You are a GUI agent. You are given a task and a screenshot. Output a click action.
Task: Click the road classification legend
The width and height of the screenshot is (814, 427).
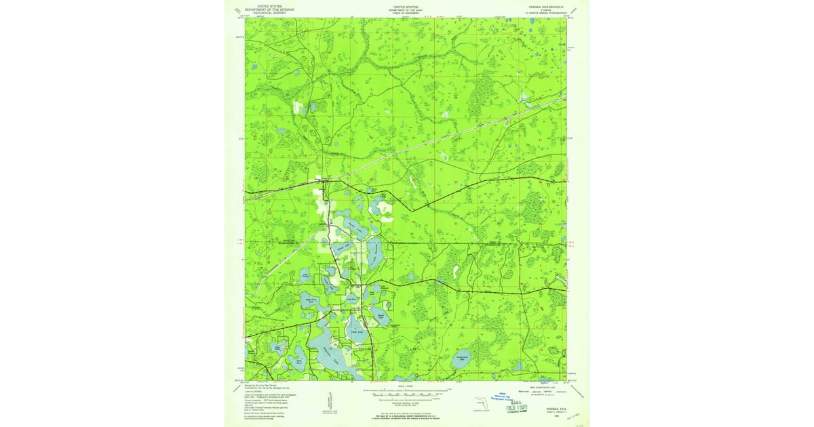(536, 392)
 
